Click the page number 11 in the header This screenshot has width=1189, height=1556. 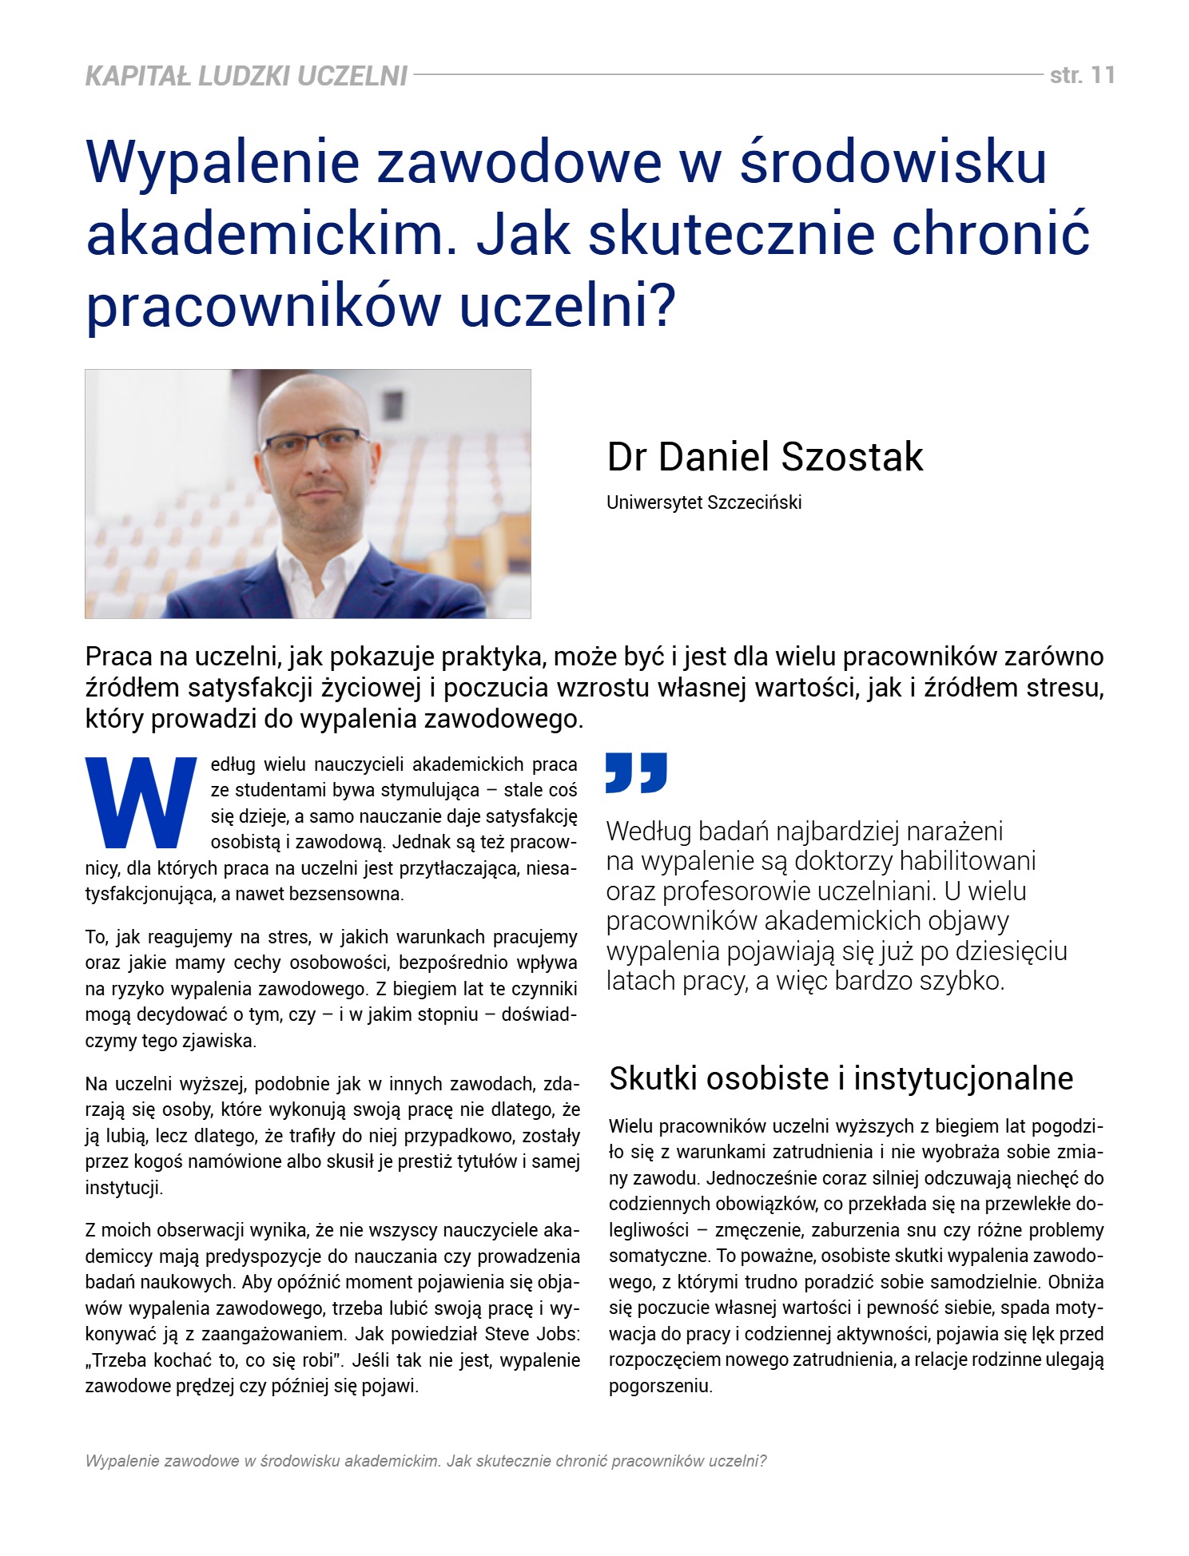(x=1102, y=75)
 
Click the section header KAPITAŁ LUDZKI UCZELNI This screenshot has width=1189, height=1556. (x=246, y=76)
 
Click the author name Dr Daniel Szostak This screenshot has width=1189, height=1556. (x=765, y=457)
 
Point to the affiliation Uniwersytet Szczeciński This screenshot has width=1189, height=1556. (x=703, y=502)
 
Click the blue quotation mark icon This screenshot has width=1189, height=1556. (x=636, y=772)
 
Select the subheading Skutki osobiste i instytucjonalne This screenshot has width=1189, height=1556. (x=841, y=1078)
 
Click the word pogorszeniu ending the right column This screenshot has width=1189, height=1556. (x=659, y=1386)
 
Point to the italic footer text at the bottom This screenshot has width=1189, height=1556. (x=425, y=1461)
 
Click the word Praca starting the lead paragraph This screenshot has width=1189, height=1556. (x=118, y=657)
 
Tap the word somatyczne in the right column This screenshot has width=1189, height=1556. (x=659, y=1256)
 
